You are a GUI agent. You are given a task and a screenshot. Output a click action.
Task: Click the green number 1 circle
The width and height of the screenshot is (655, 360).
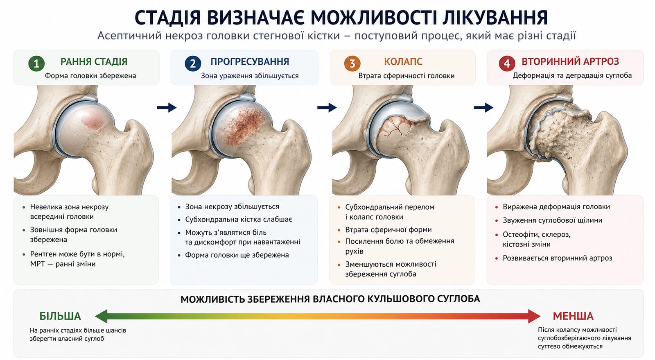click(x=36, y=63)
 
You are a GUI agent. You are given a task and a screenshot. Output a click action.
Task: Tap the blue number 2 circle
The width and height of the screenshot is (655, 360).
click(x=193, y=63)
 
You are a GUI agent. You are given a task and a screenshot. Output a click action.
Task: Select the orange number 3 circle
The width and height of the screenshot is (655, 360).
click(x=352, y=63)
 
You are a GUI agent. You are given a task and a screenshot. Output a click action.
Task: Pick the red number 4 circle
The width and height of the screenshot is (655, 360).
click(x=507, y=63)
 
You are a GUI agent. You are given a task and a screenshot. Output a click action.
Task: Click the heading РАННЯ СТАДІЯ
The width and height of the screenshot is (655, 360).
click(x=94, y=62)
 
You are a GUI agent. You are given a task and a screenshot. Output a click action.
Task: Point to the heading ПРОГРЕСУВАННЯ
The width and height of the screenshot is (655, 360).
click(x=250, y=62)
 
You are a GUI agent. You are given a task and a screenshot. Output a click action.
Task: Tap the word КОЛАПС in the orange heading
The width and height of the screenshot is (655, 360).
click(x=403, y=62)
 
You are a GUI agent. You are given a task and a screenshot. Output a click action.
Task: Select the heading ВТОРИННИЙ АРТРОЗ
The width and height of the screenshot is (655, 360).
click(x=570, y=61)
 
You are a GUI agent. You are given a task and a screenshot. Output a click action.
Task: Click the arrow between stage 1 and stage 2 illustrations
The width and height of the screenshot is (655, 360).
click(x=167, y=108)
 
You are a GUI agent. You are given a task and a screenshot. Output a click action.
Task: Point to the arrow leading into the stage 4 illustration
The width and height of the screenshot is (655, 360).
click(x=483, y=108)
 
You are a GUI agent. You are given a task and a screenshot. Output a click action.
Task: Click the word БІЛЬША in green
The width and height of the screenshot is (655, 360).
click(x=60, y=316)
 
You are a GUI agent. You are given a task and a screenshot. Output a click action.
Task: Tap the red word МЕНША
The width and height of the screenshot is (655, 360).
click(x=573, y=316)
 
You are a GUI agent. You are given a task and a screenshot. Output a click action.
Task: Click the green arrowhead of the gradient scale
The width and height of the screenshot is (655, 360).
click(x=101, y=316)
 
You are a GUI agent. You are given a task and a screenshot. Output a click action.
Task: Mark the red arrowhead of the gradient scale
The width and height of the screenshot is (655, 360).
click(x=534, y=316)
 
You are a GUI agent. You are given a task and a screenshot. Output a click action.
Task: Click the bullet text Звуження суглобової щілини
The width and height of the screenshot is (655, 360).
click(x=552, y=220)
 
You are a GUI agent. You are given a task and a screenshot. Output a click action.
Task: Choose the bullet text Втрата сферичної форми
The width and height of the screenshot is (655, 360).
click(x=388, y=230)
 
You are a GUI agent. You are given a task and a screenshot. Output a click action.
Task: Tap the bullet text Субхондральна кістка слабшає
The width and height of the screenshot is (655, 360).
click(x=239, y=220)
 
